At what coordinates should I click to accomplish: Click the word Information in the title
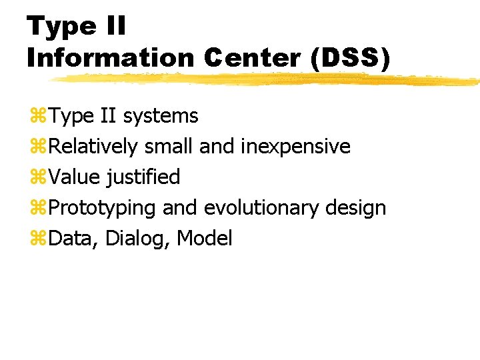pyautogui.click(x=110, y=58)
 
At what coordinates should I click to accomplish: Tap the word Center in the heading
pyautogui.click(x=254, y=58)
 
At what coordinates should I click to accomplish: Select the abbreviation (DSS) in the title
pyautogui.click(x=350, y=58)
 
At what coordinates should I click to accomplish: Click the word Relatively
pyautogui.click(x=93, y=146)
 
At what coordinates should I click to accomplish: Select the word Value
pyautogui.click(x=76, y=177)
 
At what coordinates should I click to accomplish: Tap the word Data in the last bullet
pyautogui.click(x=74, y=238)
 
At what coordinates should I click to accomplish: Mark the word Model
pyautogui.click(x=205, y=238)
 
